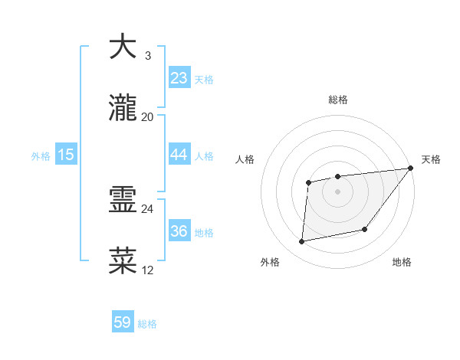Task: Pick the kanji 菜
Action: click(x=123, y=260)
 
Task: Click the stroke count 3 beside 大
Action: click(x=147, y=56)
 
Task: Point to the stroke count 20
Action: click(x=147, y=116)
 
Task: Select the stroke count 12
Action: click(x=147, y=270)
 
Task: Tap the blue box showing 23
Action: click(x=179, y=78)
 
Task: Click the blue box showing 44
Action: click(x=179, y=155)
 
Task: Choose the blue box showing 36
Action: click(x=179, y=231)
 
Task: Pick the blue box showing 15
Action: click(x=66, y=155)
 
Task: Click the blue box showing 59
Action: click(x=123, y=322)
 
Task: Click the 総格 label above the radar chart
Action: click(x=338, y=100)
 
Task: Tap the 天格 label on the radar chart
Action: click(x=431, y=159)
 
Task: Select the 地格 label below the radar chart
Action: click(x=402, y=263)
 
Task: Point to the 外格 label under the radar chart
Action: click(x=270, y=263)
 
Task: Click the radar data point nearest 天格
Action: click(x=410, y=169)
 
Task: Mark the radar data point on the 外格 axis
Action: click(x=302, y=242)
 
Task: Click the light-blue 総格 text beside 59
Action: click(x=148, y=324)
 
